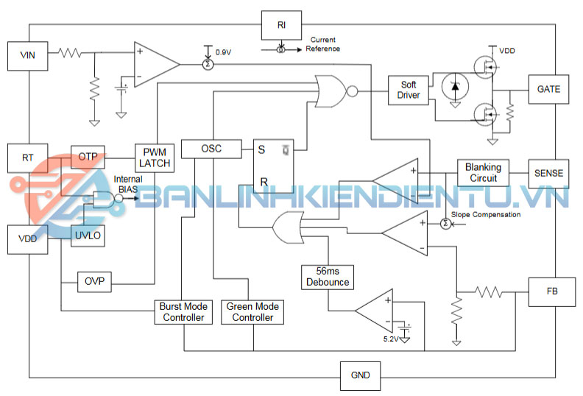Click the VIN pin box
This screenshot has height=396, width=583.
click(x=27, y=56)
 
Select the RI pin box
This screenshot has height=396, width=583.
click(x=281, y=25)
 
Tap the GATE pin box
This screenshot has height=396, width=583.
click(x=548, y=90)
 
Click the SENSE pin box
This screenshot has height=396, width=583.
click(x=548, y=173)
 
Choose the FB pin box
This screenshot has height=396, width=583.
click(x=548, y=292)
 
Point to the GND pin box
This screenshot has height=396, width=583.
click(x=360, y=375)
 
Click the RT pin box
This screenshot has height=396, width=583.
click(x=27, y=157)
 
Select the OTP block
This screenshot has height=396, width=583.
click(x=88, y=156)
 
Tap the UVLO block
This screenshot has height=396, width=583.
click(x=88, y=236)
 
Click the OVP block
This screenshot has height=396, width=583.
click(x=94, y=282)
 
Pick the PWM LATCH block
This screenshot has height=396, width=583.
click(x=154, y=157)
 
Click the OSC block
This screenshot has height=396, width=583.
click(x=211, y=149)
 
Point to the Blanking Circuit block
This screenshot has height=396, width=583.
click(x=483, y=173)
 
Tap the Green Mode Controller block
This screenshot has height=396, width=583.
click(x=253, y=312)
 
